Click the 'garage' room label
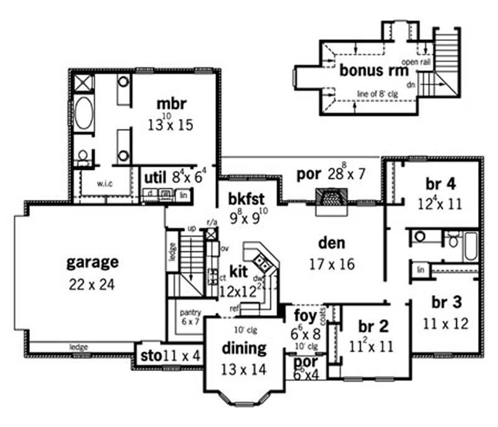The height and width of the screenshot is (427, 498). (x=92, y=262)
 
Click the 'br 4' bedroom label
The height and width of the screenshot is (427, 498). (x=440, y=184)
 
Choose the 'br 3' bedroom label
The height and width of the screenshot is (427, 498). (x=446, y=303)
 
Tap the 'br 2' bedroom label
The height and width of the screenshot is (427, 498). (x=374, y=326)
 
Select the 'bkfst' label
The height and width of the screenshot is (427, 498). (x=247, y=199)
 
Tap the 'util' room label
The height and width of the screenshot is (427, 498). (x=153, y=179)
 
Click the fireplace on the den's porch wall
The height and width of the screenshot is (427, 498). (x=331, y=200)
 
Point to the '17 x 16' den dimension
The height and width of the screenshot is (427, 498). (x=331, y=264)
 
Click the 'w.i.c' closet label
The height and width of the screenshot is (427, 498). (x=104, y=184)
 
